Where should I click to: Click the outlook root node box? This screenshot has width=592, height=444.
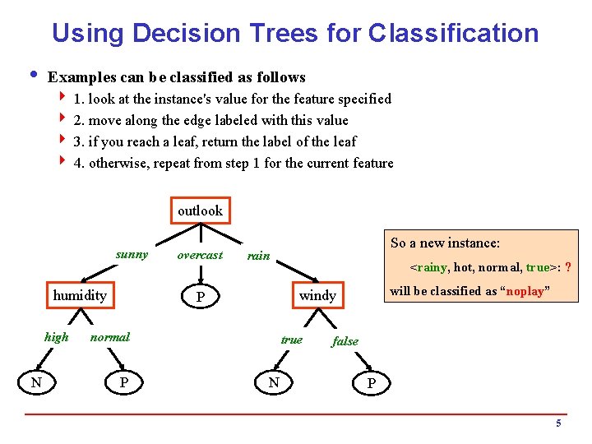(200, 211)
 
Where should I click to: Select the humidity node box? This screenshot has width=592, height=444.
(80, 295)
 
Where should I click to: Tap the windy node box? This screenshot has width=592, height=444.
(317, 295)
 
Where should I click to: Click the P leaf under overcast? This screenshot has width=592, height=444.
(200, 296)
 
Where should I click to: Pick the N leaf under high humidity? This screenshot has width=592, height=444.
(36, 382)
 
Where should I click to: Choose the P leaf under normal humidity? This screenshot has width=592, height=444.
(123, 382)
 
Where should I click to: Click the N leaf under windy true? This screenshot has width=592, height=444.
(274, 382)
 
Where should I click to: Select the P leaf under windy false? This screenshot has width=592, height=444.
(372, 383)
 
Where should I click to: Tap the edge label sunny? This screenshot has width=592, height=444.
(132, 255)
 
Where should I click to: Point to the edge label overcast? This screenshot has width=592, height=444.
(200, 255)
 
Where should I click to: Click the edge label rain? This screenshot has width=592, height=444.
(258, 256)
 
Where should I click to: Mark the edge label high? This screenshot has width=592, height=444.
(56, 337)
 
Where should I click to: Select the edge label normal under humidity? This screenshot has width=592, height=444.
(110, 337)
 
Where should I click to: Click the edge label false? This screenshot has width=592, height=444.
(345, 341)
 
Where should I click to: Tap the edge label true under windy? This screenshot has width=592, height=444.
(291, 340)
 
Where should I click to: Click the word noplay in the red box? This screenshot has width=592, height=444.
(523, 292)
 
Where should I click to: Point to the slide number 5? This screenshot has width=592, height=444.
(558, 424)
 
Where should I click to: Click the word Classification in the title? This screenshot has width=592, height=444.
(454, 33)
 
